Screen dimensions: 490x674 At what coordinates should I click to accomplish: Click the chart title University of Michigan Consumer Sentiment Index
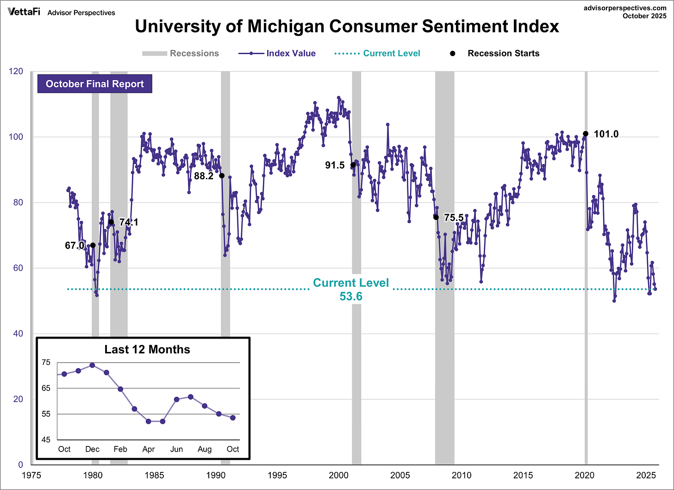pyautogui.click(x=347, y=26)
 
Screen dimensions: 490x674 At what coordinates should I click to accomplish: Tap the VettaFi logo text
pyautogui.click(x=24, y=12)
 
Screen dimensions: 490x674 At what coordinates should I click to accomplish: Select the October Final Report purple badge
pyautogui.click(x=95, y=84)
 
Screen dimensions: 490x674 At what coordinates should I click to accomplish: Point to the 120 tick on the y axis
pyautogui.click(x=16, y=71)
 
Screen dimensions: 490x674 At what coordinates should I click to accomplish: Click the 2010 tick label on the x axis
pyautogui.click(x=462, y=475)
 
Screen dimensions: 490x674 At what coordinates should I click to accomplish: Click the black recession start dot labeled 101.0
pyautogui.click(x=586, y=134)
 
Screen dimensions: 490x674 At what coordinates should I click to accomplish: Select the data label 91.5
pyautogui.click(x=335, y=165)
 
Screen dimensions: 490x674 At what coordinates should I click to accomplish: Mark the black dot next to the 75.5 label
pyautogui.click(x=436, y=217)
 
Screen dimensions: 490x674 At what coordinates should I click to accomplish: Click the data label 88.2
pyautogui.click(x=204, y=176)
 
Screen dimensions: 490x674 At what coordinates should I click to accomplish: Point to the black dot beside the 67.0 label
pyautogui.click(x=93, y=245)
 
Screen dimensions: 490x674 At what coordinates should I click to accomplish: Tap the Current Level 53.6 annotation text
pyautogui.click(x=351, y=289)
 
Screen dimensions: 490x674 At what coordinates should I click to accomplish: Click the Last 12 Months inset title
pyautogui.click(x=147, y=349)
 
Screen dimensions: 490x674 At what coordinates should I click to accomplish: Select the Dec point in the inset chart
pyautogui.click(x=92, y=365)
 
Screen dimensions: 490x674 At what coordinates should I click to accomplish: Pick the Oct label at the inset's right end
pyautogui.click(x=233, y=449)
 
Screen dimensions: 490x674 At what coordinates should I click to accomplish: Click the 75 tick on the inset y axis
pyautogui.click(x=46, y=362)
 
